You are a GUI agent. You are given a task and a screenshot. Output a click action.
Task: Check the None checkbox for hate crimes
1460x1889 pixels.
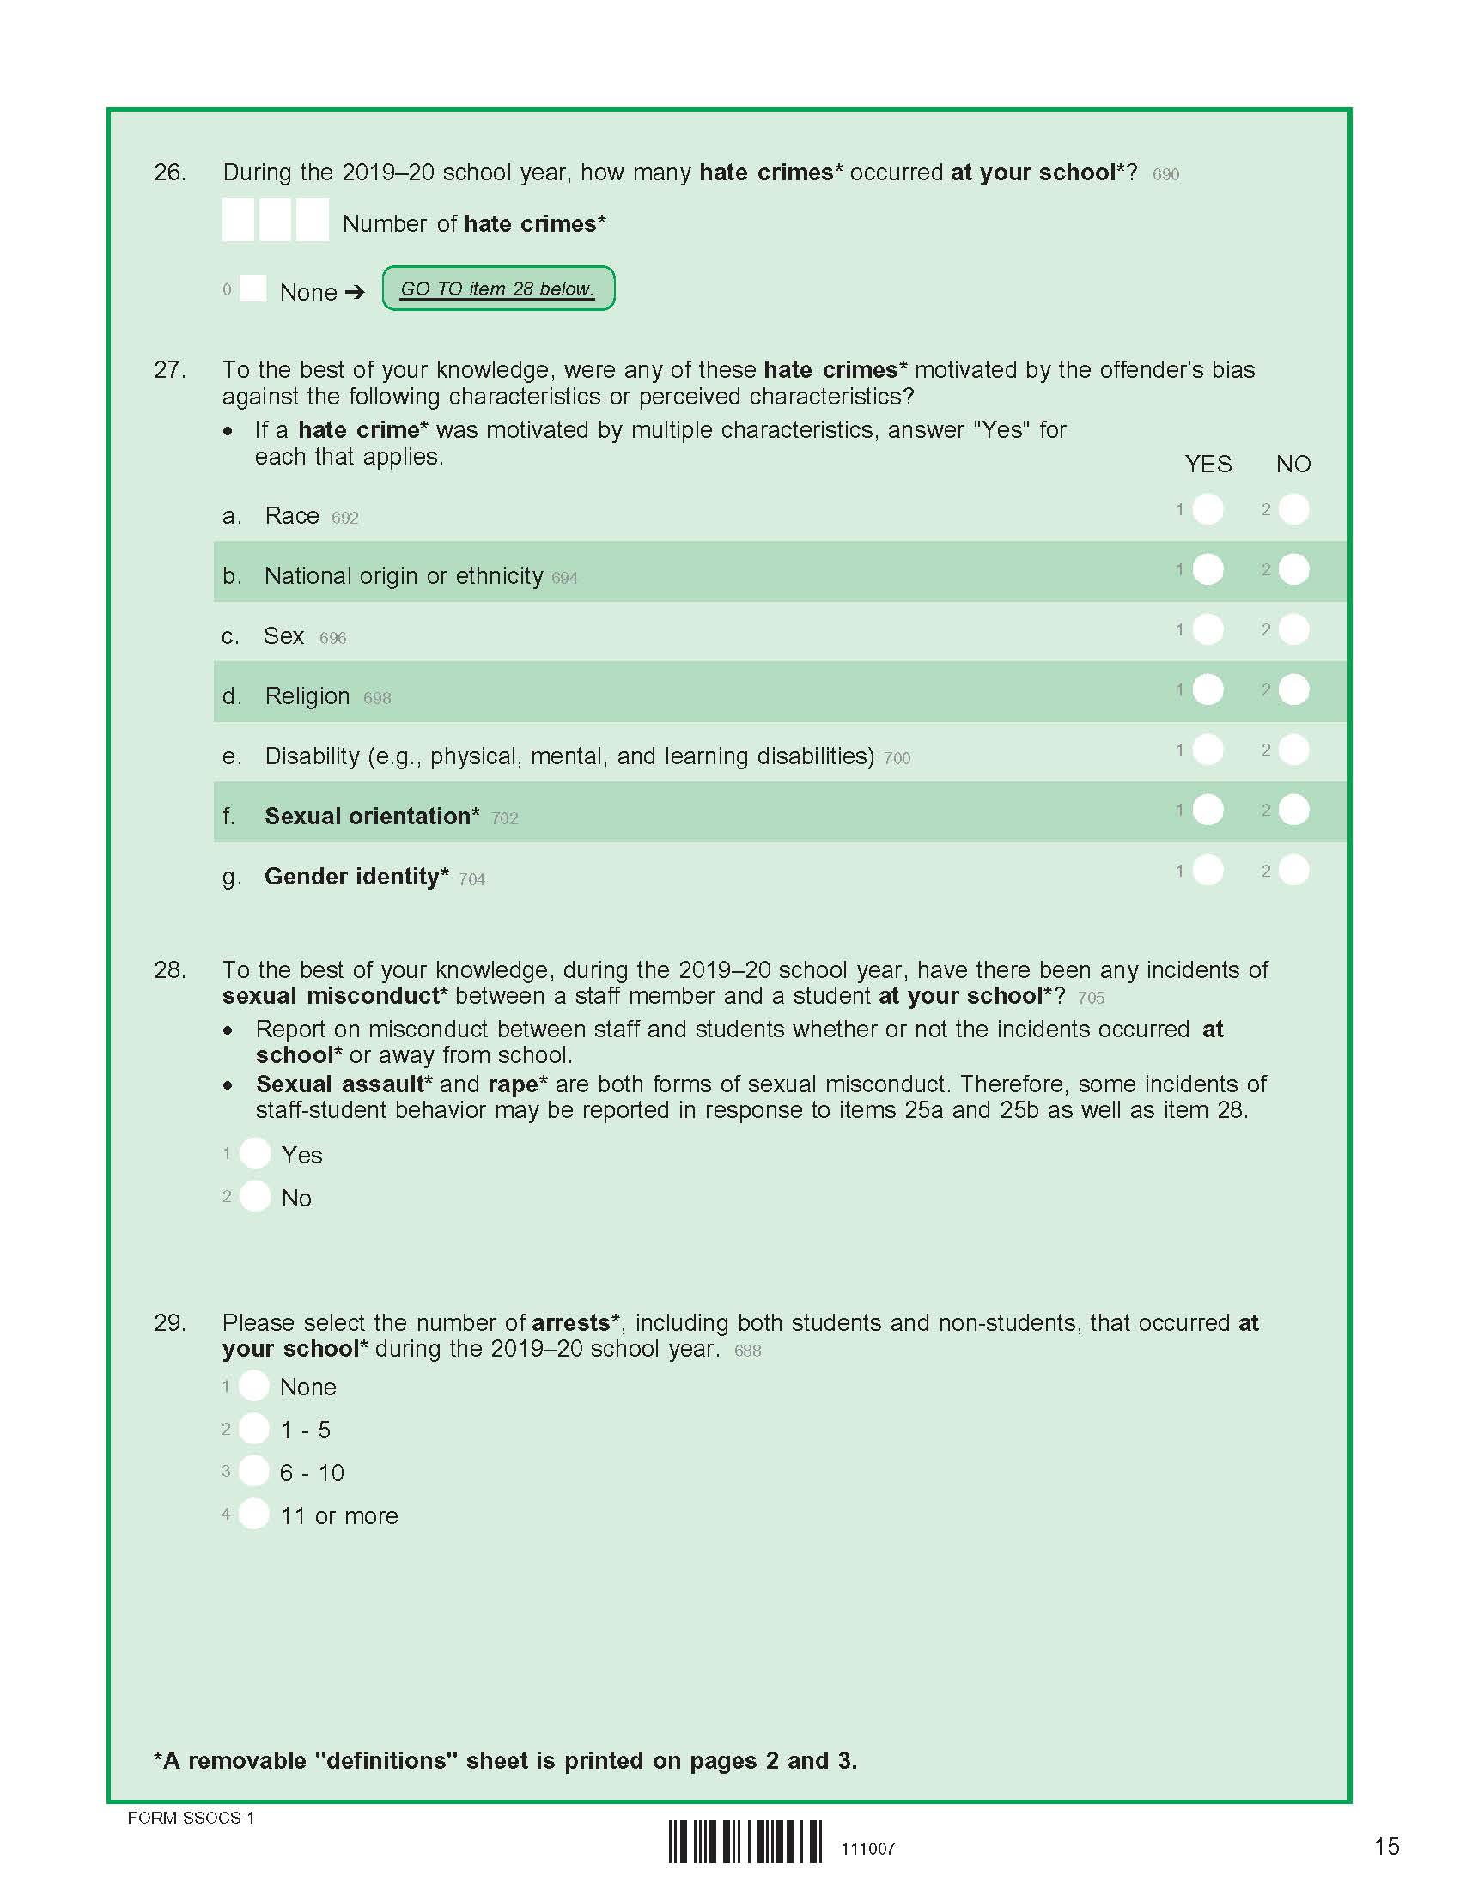(252, 288)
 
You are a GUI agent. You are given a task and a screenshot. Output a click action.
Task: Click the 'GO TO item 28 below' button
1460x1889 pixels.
(498, 288)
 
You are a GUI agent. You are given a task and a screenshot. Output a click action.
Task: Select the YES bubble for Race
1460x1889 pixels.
(1208, 509)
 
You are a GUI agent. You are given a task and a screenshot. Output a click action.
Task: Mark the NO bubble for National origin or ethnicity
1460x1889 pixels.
(1294, 569)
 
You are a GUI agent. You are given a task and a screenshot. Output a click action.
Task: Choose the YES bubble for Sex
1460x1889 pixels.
(1208, 629)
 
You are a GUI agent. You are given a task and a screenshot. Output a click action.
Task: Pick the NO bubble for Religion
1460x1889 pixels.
(1294, 689)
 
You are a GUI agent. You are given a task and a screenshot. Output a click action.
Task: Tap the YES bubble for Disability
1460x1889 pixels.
(1208, 750)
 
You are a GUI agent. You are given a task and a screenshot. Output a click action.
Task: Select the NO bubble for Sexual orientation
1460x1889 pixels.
(1294, 810)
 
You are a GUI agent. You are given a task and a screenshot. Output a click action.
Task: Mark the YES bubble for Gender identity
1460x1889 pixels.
(1208, 870)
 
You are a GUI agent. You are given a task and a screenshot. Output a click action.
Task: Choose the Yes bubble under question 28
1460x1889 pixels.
(255, 1153)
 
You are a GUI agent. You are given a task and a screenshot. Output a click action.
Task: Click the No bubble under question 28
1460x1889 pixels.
(255, 1196)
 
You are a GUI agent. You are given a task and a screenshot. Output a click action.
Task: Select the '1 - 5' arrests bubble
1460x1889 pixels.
(254, 1429)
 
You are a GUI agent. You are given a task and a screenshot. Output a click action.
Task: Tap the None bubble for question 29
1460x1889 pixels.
(254, 1386)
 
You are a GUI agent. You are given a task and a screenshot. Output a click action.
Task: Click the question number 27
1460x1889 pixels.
(169, 370)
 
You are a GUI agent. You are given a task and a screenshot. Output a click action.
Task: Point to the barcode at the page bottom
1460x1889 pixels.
(745, 1842)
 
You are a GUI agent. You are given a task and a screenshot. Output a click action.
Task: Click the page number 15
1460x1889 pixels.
(1386, 1847)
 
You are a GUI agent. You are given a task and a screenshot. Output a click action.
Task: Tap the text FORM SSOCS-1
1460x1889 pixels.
(192, 1817)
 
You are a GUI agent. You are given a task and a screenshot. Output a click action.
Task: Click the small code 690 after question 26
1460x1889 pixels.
(1165, 174)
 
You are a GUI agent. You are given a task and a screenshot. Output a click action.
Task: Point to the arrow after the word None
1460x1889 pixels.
(355, 292)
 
